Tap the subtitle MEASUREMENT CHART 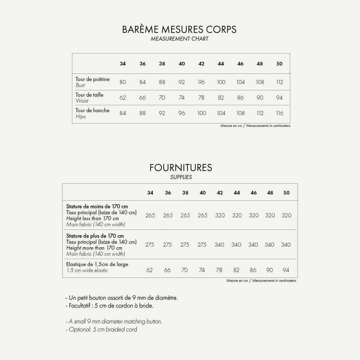[179, 39]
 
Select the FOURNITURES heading [181, 167]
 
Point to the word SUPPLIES [181, 177]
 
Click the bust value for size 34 [123, 82]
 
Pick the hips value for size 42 [202, 113]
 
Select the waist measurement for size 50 [279, 97]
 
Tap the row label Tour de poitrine [92, 79]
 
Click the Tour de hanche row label [92, 110]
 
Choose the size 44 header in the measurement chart [221, 64]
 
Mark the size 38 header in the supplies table [185, 193]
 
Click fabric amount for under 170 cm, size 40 [202, 215]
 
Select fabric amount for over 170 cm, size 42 [219, 245]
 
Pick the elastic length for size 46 [253, 270]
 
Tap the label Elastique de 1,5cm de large [97, 264]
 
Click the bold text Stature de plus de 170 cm [95, 236]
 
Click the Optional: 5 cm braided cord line [101, 329]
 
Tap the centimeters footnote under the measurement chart [255, 126]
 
